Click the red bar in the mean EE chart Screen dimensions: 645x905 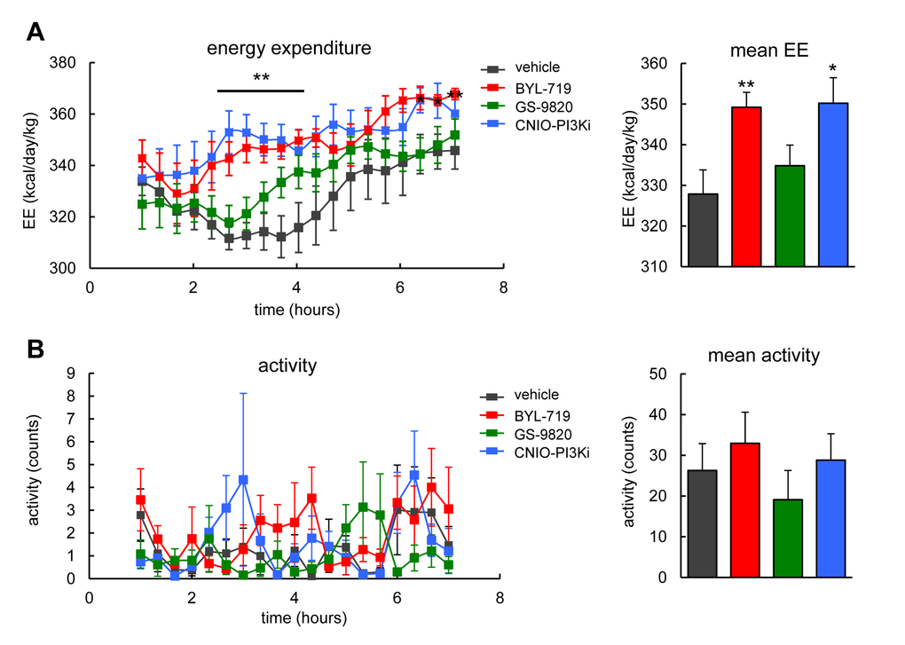(x=746, y=186)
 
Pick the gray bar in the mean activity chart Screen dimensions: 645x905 (x=703, y=523)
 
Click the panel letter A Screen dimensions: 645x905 (x=36, y=33)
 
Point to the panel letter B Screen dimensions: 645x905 (x=36, y=350)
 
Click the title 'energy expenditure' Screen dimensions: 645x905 (x=288, y=46)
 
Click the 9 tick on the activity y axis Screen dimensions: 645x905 (x=75, y=374)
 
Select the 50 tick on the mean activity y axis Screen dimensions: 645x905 (x=657, y=374)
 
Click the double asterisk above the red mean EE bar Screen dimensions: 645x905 (x=746, y=83)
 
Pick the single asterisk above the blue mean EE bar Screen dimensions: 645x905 (x=833, y=68)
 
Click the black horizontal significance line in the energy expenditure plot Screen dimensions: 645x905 (x=261, y=90)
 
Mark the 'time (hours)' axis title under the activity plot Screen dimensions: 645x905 (x=293, y=616)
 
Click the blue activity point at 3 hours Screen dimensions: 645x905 (x=243, y=480)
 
